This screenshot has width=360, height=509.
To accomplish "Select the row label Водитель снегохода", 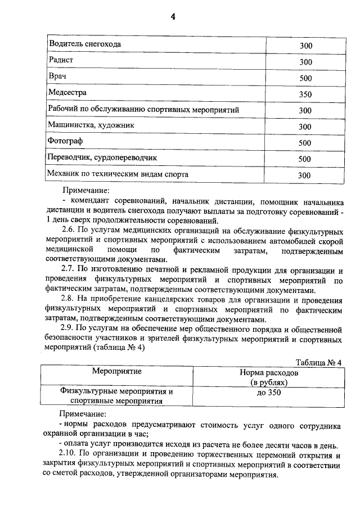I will coord(85,43).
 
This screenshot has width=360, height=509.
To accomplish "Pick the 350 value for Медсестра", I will coord(305,94).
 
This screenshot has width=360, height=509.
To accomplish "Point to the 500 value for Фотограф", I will coord(305,143).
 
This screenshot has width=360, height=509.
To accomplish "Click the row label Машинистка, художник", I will coord(91,125).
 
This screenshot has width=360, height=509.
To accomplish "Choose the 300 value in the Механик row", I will coord(305,175).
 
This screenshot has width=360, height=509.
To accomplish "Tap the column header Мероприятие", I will coord(117,371).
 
